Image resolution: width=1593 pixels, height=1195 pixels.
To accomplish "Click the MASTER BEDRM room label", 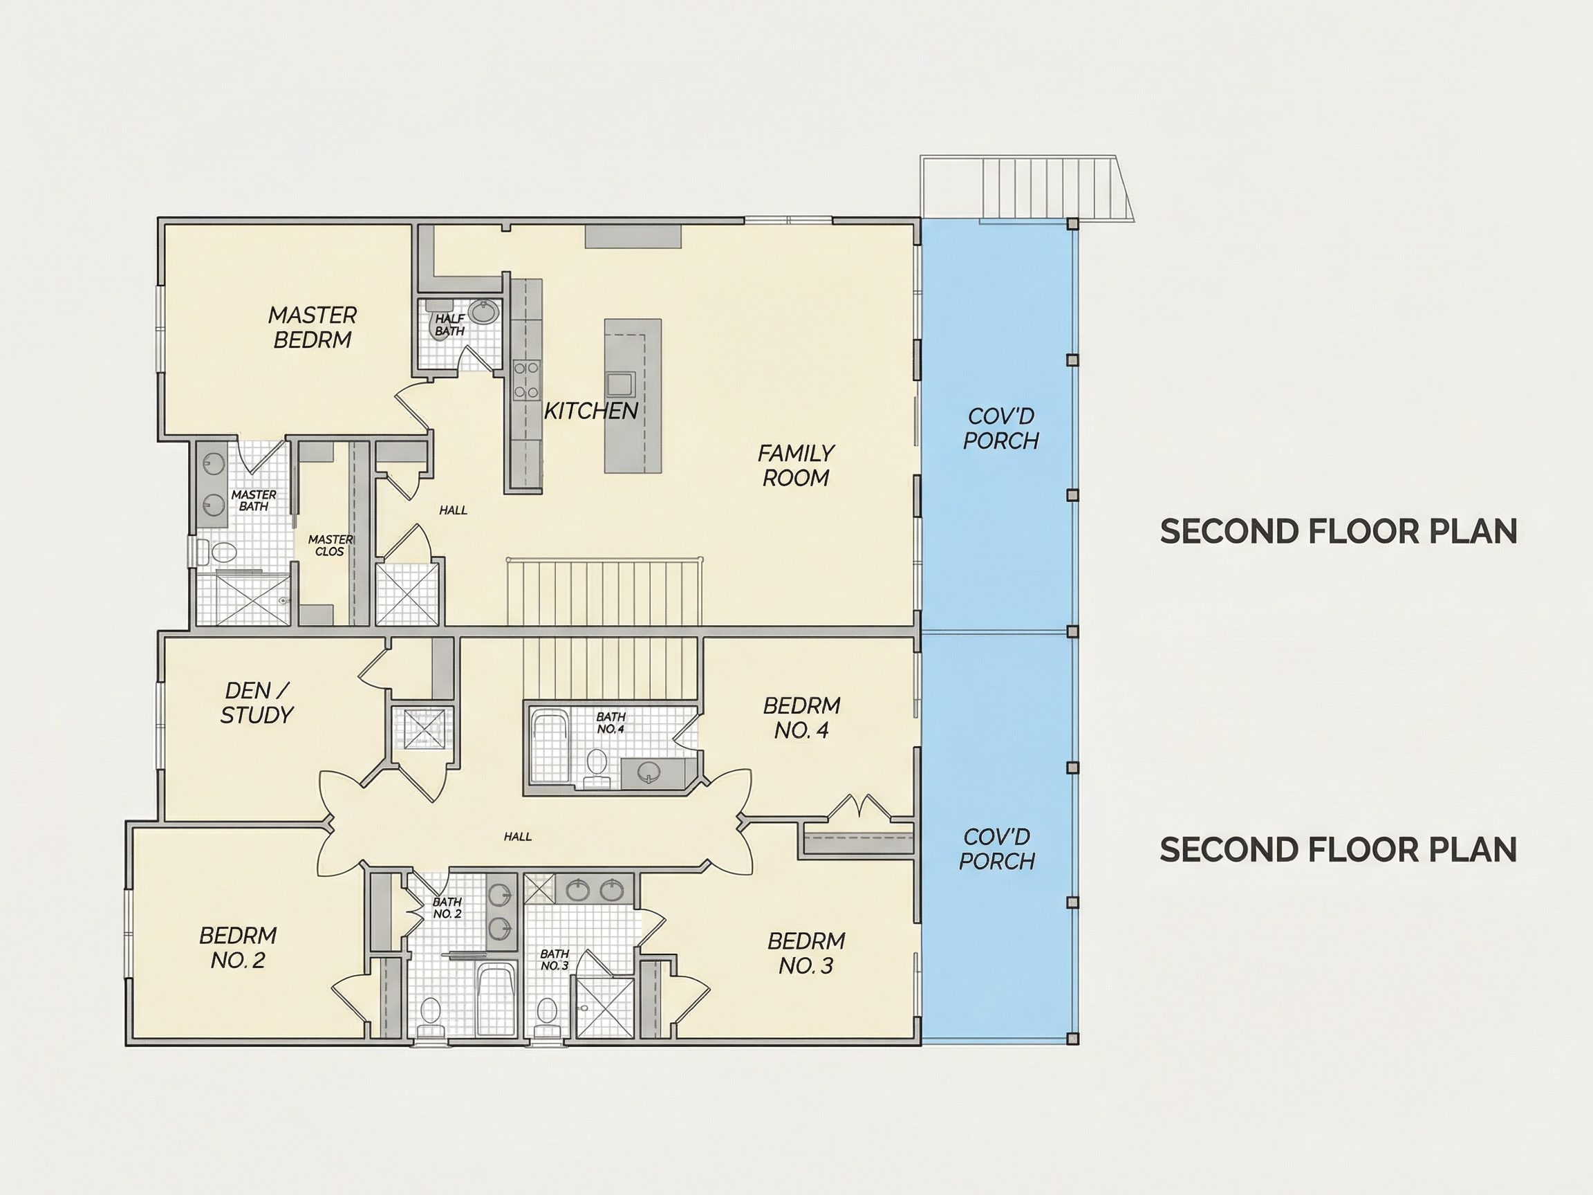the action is click(x=313, y=327).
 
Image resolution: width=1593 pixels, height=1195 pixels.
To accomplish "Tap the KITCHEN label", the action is click(x=590, y=411).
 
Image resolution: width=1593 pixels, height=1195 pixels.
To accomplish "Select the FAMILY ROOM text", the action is click(x=796, y=465).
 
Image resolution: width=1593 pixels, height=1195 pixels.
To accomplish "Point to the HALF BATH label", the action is click(x=450, y=325).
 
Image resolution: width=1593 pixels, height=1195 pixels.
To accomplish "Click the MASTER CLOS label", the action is click(x=330, y=545).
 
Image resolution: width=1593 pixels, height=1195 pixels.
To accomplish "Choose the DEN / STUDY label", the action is click(x=257, y=703).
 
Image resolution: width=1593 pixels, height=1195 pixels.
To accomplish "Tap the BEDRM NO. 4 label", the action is click(x=801, y=717).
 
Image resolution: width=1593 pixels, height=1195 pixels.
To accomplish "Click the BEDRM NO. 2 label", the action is click(x=238, y=948).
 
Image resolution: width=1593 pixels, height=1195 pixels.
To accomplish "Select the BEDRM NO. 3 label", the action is click(x=806, y=953).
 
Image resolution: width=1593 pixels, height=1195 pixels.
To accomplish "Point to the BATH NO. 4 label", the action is click(x=611, y=723).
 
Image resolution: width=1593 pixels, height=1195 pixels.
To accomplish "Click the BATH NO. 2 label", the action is click(x=447, y=907).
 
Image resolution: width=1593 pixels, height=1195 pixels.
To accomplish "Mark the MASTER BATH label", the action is click(x=254, y=500).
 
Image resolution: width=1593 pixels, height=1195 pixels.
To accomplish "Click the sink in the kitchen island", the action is click(x=619, y=383).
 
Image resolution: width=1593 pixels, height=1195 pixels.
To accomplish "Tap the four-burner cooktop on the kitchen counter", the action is click(x=526, y=380).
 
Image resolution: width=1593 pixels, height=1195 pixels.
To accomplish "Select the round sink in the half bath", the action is click(x=483, y=313).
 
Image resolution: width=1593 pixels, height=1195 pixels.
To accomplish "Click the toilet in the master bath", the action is click(x=218, y=553).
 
